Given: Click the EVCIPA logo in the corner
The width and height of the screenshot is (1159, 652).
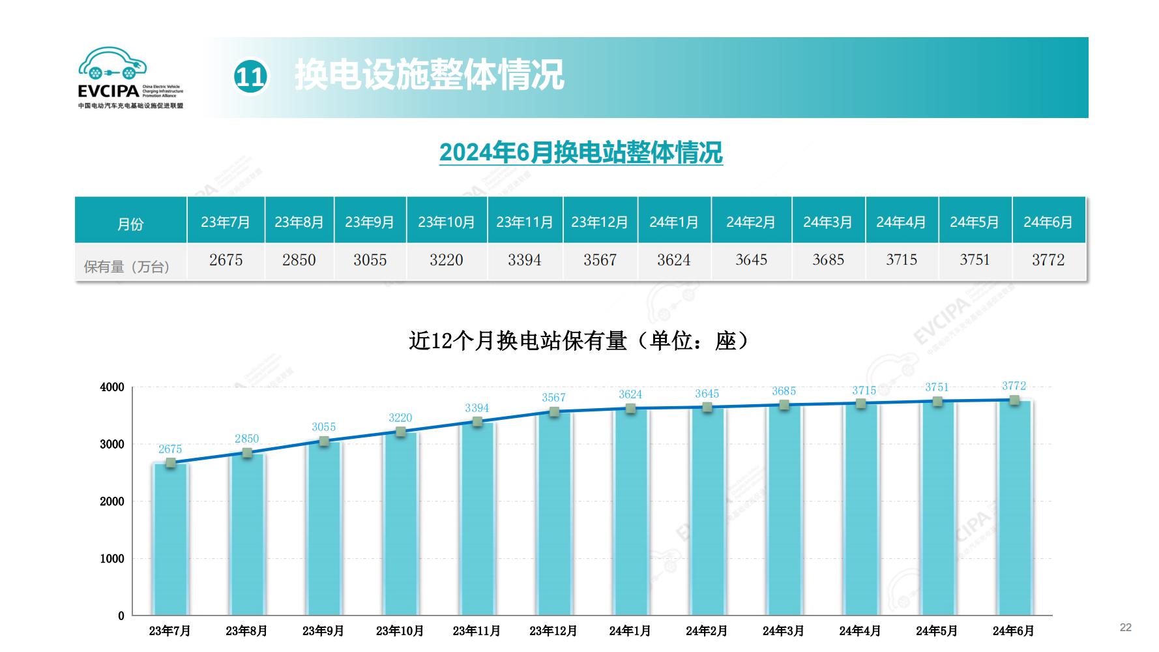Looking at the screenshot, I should click(x=130, y=77).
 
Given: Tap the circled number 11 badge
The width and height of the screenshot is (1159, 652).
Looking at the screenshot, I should click(x=250, y=77).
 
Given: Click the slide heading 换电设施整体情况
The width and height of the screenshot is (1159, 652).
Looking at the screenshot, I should click(x=429, y=75).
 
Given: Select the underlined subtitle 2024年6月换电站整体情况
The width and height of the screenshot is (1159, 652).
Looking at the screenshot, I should click(x=581, y=153).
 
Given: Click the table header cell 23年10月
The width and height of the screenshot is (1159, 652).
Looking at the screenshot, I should click(x=447, y=222).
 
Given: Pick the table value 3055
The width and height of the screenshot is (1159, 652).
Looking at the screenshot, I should click(x=370, y=260).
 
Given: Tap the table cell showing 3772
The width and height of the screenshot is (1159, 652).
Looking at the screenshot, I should click(x=1048, y=260).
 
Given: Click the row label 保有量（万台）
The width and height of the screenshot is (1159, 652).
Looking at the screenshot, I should click(x=128, y=266).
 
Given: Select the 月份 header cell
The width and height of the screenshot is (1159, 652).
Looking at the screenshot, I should click(x=130, y=224).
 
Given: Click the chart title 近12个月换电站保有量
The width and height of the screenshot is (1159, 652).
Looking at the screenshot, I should click(x=578, y=340).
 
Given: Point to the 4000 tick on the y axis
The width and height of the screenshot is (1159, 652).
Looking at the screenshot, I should click(x=112, y=387).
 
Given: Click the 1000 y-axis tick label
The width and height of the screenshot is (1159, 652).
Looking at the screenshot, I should click(x=112, y=559).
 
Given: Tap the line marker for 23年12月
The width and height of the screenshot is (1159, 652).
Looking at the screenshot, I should click(x=554, y=412).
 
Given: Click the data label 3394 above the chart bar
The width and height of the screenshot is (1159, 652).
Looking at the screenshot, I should click(x=477, y=408).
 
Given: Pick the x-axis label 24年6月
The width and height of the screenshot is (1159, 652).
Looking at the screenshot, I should click(x=1013, y=631).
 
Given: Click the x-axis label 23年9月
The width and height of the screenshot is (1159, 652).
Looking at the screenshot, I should click(x=323, y=631).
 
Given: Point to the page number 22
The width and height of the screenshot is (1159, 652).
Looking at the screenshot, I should click(x=1126, y=627).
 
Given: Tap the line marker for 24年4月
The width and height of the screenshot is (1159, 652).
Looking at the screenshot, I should click(x=860, y=404).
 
